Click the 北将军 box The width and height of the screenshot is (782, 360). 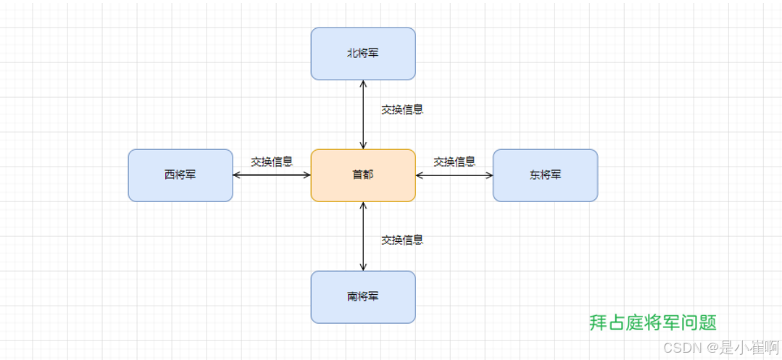tap(363, 54)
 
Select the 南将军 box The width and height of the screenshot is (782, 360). tap(363, 297)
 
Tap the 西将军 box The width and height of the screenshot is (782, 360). tap(180, 175)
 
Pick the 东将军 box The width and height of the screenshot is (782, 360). tap(545, 175)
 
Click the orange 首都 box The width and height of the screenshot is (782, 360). tap(363, 175)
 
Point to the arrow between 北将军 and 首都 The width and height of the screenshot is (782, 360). tap(363, 114)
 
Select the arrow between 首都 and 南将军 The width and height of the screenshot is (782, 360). tap(363, 236)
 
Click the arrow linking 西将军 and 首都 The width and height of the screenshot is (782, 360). tap(272, 175)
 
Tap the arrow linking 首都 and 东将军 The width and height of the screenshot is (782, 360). tap(454, 175)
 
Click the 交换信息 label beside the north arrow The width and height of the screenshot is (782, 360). tap(402, 110)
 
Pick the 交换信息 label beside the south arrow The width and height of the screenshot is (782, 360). tap(402, 240)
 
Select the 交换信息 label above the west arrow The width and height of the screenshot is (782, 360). tap(272, 162)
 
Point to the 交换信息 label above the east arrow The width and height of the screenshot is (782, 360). tap(454, 162)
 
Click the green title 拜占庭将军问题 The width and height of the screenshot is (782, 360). tap(653, 322)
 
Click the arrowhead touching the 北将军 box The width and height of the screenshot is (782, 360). tap(363, 83)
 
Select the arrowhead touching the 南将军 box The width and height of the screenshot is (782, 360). tap(363, 267)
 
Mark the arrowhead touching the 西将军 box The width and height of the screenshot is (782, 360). tap(237, 175)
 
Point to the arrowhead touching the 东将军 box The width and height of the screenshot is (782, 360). tap(489, 175)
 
